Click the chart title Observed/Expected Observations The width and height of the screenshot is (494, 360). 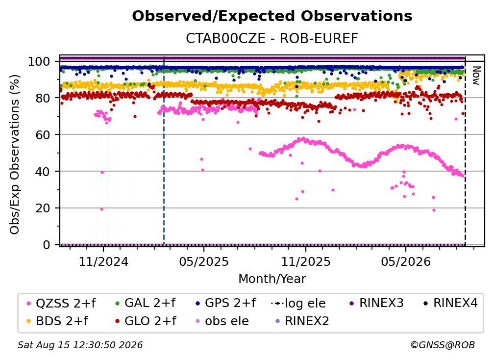tap(272, 16)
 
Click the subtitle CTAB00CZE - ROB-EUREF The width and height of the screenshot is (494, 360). tap(272, 38)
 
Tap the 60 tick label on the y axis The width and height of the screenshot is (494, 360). tap(43, 135)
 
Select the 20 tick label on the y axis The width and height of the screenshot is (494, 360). tap(43, 208)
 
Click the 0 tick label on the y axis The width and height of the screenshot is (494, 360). tap(47, 245)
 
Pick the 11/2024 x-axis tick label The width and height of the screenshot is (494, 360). tap(103, 261)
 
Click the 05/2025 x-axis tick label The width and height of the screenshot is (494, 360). tap(204, 261)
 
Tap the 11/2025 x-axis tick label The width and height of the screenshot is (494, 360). tap(306, 261)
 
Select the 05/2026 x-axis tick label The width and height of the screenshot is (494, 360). tap(406, 261)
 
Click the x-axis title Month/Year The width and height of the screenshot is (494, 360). tap(272, 279)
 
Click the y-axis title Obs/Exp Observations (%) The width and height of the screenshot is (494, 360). tap(15, 154)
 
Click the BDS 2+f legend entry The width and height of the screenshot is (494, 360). tap(57, 321)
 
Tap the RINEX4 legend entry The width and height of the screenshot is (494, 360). tap(450, 303)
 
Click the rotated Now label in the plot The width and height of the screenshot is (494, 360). tap(476, 76)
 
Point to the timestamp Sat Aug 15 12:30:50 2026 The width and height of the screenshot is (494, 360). tap(80, 345)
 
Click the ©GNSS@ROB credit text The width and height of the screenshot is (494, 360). tap(443, 345)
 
